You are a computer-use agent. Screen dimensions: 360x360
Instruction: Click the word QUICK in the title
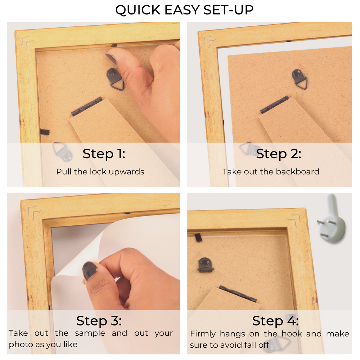(x=138, y=10)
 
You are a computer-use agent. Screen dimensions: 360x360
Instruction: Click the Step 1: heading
(x=104, y=154)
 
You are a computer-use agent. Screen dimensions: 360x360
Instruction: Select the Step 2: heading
(x=278, y=154)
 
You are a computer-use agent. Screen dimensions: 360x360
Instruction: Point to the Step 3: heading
(x=99, y=321)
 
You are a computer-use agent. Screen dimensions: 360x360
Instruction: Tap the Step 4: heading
(x=276, y=321)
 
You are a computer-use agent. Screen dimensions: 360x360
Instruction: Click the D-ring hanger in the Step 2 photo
(x=300, y=79)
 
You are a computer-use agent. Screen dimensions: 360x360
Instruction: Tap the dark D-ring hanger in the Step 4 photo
(x=205, y=265)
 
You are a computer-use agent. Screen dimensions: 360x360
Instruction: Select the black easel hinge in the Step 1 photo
(x=87, y=106)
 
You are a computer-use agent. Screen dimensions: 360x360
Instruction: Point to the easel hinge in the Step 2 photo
(x=275, y=104)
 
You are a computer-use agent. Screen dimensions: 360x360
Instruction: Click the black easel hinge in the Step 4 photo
(x=238, y=294)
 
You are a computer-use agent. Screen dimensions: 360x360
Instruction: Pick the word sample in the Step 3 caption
(x=90, y=333)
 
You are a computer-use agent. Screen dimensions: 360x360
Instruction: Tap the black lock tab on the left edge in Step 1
(x=45, y=132)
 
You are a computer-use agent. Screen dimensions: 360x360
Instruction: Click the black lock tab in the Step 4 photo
(x=198, y=238)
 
